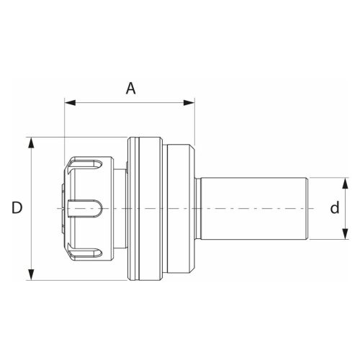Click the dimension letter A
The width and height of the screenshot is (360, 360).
pos(131,89)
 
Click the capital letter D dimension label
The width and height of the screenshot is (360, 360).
pos(17,207)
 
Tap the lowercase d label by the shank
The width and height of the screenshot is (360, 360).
pos(335,207)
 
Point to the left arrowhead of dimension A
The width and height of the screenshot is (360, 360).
pos(70,103)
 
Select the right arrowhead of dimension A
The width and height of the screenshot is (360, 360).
pos(189,103)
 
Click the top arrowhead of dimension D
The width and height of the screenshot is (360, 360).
pos(31,143)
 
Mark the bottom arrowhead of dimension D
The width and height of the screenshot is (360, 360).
pos(31,275)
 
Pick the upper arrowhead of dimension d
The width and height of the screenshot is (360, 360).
pos(345,184)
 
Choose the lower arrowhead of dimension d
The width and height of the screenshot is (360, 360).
pos(345,234)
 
